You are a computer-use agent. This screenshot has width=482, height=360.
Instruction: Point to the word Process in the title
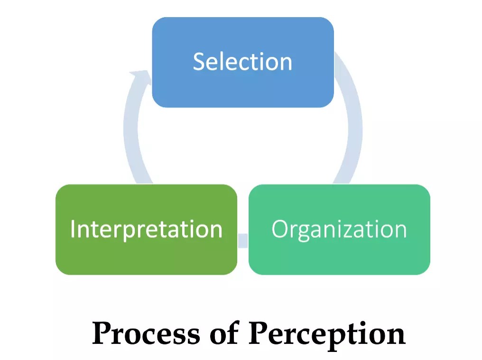(146, 333)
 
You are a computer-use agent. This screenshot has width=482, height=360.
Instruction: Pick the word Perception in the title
(327, 333)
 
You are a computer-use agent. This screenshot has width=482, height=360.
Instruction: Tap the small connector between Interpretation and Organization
(242, 240)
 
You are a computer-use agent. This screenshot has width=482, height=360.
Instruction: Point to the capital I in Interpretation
(73, 229)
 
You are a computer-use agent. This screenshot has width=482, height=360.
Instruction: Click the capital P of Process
(102, 333)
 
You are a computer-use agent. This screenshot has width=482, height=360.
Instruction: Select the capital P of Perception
(259, 333)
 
